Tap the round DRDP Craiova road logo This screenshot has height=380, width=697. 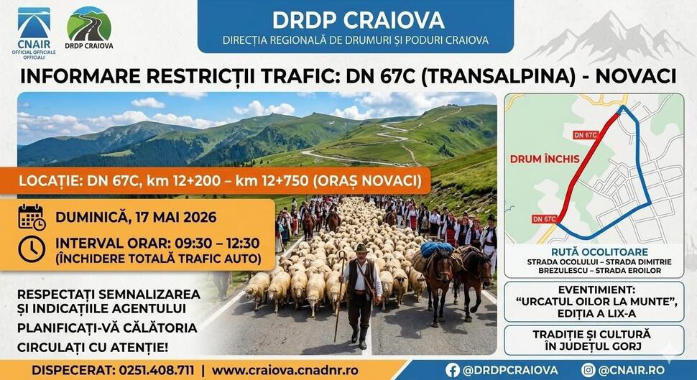pos(89,24)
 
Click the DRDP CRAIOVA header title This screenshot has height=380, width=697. pos(358,20)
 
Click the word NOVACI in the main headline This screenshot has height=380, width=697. pos(636,76)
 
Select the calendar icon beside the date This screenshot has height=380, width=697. pos(32,218)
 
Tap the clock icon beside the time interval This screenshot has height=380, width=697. pos(32,249)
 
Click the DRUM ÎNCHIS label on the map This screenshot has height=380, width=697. pos(545,159)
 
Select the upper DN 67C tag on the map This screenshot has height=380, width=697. pos(585,135)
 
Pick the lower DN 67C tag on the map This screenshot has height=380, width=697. pos(544,218)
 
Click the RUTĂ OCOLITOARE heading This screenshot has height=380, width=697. pos(600,252)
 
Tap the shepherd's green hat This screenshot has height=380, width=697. pos(361,248)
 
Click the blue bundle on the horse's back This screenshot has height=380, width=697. pos(437,249)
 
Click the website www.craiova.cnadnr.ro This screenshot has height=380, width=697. pos(285,370)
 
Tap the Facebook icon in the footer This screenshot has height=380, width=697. pos(453,370)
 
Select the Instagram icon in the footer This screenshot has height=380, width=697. pos(588,370)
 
